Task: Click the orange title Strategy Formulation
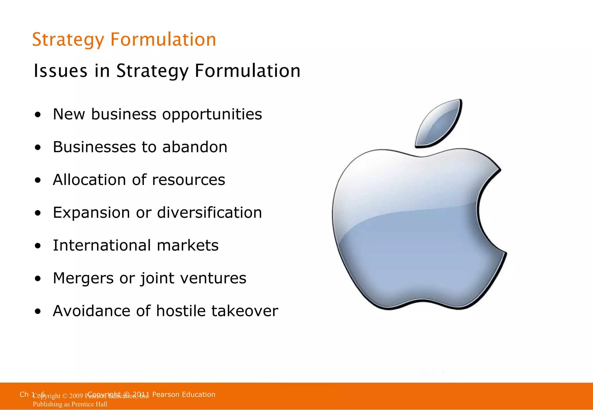coord(124,40)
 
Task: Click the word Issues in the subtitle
coord(60,71)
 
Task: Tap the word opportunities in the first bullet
coord(212,114)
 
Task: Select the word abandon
coord(195,147)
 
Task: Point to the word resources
coord(188,180)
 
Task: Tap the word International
coord(102,245)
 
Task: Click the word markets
coord(188,245)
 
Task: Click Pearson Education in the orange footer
coord(184,394)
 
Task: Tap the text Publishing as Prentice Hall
coord(70,404)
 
